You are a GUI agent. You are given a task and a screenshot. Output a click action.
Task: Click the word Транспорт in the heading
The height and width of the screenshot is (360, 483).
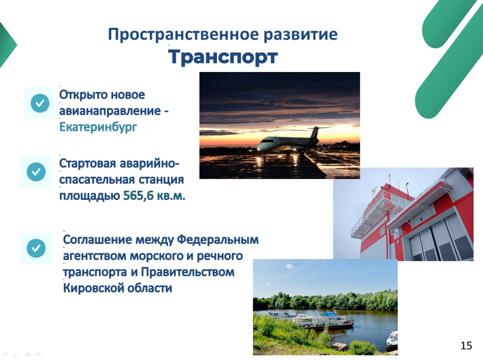click(x=223, y=57)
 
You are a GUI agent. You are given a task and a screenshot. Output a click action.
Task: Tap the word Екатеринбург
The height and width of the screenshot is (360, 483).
click(x=98, y=127)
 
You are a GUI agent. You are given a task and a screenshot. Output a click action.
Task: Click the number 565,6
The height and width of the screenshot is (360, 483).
click(x=138, y=195)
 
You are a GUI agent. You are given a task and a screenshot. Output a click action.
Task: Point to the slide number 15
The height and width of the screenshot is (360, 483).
click(x=466, y=346)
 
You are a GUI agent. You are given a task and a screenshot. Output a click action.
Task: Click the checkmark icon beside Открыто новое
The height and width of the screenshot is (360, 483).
click(x=40, y=103)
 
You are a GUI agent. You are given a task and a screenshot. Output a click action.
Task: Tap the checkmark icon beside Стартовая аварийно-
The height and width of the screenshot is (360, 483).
click(x=36, y=172)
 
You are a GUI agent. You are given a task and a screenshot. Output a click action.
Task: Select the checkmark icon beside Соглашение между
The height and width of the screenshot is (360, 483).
click(x=36, y=248)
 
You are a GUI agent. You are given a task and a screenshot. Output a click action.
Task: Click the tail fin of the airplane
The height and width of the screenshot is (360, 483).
click(x=317, y=132)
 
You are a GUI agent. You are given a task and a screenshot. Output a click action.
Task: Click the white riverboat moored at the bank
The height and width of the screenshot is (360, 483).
click(x=323, y=321)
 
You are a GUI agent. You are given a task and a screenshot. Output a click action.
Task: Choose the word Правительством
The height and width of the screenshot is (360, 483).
click(x=188, y=272)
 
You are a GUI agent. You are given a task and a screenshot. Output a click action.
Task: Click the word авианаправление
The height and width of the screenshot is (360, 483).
click(x=110, y=111)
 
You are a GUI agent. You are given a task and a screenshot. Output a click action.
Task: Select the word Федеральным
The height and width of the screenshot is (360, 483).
click(x=218, y=240)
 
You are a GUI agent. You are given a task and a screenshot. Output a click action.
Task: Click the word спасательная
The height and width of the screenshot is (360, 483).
click(x=97, y=180)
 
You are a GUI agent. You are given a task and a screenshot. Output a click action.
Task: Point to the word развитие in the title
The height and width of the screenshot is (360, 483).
click(x=300, y=35)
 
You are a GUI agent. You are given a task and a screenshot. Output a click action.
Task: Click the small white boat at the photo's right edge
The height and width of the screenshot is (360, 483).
click(x=392, y=339)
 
